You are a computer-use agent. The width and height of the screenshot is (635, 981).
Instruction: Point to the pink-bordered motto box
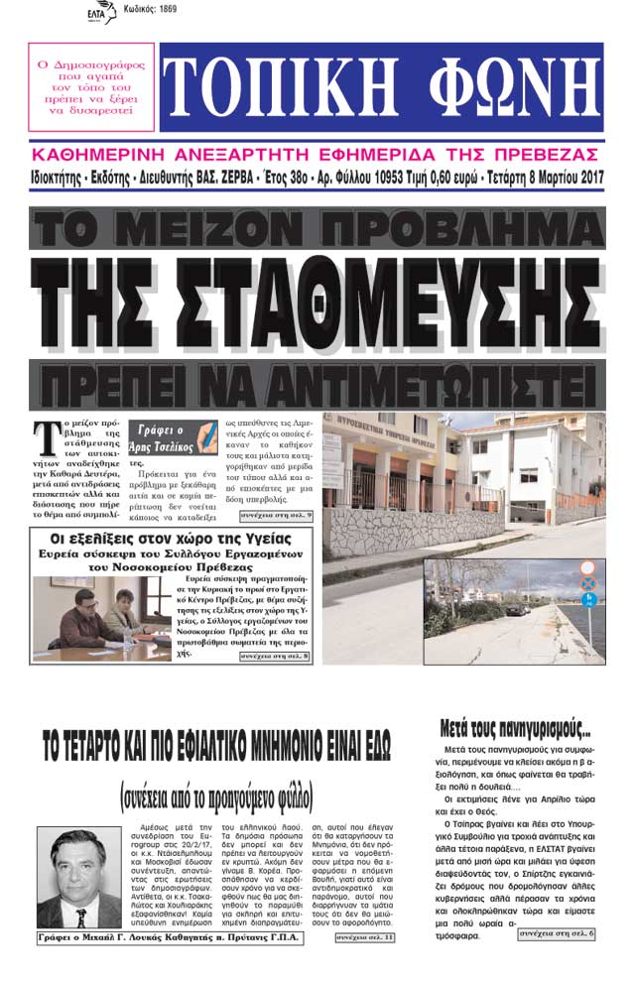91,86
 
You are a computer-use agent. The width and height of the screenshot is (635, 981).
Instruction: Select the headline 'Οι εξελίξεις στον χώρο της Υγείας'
162,539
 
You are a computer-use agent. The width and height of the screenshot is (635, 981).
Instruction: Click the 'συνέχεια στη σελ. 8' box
277,657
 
